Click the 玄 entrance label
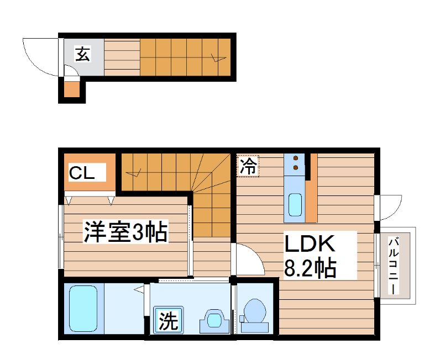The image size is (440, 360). pyautogui.click(x=82, y=55)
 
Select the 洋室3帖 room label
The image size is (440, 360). pyautogui.click(x=125, y=232)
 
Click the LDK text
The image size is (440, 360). pyautogui.click(x=310, y=244)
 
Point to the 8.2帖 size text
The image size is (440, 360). pyautogui.click(x=310, y=269)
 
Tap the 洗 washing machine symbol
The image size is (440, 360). pyautogui.click(x=169, y=321)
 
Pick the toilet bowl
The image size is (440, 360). pyautogui.click(x=255, y=313)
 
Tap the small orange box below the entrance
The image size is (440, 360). pyautogui.click(x=72, y=89)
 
